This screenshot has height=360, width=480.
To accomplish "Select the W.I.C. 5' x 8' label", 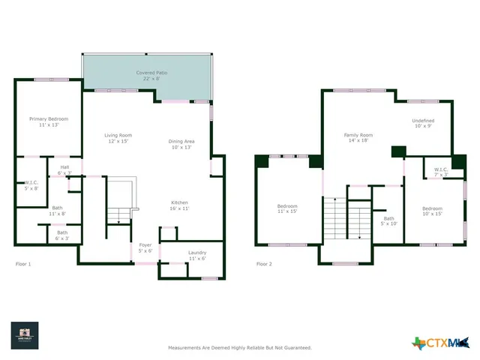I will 31,185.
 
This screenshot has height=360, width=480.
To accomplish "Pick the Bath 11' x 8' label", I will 58,211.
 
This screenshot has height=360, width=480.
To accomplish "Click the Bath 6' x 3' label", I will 62,235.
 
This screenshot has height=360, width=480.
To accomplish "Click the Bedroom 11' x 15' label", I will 287,208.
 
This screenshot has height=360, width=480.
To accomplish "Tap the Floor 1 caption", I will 23,264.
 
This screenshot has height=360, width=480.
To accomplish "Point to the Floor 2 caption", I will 264,264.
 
